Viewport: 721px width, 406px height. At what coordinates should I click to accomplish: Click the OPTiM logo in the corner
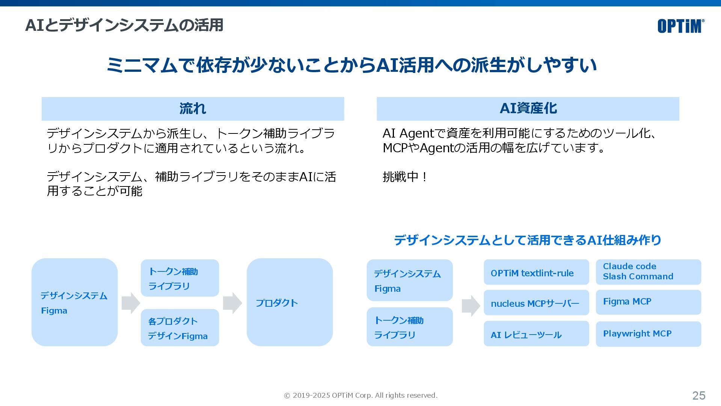point(680,26)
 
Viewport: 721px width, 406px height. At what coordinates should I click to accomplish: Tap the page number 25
point(698,395)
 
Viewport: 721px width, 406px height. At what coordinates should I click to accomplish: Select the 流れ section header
point(193,109)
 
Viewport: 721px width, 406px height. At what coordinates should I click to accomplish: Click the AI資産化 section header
point(528,109)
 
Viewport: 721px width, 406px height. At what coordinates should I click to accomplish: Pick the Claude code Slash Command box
point(648,272)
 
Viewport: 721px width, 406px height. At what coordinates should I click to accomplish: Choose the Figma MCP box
point(648,302)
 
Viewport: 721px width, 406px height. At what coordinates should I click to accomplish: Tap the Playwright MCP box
point(648,334)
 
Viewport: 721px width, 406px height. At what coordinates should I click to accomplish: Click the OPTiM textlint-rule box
point(536,272)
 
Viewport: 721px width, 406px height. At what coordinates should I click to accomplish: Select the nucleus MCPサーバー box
point(536,303)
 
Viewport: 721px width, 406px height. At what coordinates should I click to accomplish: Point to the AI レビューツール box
point(536,334)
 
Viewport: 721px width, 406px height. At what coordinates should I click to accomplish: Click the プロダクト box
point(290,302)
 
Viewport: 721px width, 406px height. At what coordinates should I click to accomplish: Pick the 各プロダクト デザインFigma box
point(179,328)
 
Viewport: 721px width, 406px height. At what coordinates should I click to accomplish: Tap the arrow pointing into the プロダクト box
point(232,303)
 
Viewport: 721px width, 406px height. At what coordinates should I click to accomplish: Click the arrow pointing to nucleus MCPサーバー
point(471,306)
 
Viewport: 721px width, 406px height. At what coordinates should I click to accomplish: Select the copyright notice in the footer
point(360,395)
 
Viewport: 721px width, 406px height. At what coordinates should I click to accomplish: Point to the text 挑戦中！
point(405,177)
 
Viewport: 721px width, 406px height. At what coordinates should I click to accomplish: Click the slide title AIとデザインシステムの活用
point(124,25)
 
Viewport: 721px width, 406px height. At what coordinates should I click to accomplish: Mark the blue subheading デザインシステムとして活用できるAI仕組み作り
point(527,240)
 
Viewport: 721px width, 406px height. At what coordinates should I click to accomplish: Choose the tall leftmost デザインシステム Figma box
point(74,302)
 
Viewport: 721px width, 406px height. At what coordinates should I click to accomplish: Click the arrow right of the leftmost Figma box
point(130,303)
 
